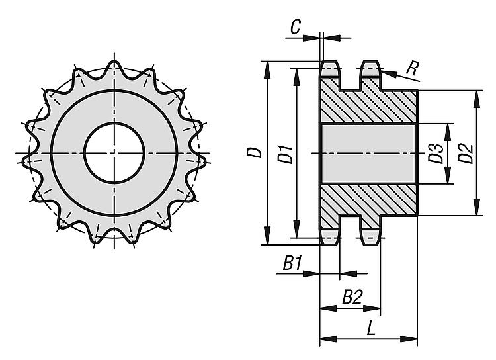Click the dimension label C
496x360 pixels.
tap(296, 27)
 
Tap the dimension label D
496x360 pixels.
tap(255, 153)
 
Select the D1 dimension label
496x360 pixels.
tap(285, 154)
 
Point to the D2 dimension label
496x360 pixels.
tap(466, 154)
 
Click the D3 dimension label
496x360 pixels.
tap(436, 154)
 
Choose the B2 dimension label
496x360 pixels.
tap(352, 297)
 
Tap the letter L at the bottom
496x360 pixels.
tap(371, 328)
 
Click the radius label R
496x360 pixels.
tap(413, 67)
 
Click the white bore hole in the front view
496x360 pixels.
tap(114, 153)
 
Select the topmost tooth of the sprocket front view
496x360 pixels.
tap(114, 66)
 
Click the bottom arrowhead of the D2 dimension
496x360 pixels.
tap(477, 206)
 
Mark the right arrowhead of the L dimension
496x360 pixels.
tap(409, 339)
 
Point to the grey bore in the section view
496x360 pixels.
tap(368, 154)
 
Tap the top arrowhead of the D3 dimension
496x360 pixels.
tap(448, 132)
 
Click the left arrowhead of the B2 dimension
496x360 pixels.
tap(329, 308)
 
